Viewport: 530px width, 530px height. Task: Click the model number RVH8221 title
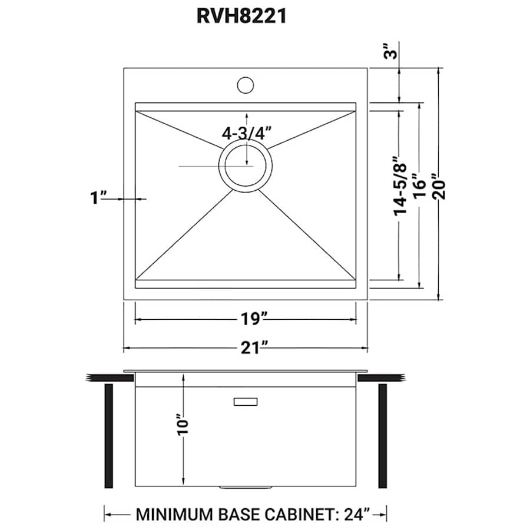coord(241,16)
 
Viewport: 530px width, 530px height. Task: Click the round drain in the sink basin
coord(246,166)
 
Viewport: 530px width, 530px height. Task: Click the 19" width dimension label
coord(246,320)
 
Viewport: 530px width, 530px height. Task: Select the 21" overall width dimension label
coord(246,348)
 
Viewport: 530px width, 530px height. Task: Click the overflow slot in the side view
coord(246,402)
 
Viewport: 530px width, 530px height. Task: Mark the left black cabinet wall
coord(108,436)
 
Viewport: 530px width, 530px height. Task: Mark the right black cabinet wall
coord(383,436)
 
